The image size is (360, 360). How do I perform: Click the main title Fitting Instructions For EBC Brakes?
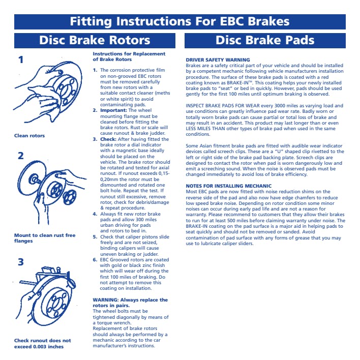tap(179, 21)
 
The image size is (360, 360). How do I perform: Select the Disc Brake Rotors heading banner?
tap(95, 41)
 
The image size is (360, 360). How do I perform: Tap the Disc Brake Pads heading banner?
tap(265, 41)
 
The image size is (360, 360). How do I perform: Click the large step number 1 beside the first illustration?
tap(21, 59)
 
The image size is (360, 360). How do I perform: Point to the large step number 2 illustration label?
tap(21, 156)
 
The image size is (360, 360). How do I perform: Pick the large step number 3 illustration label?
tap(21, 262)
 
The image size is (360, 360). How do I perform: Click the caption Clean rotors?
tap(29, 136)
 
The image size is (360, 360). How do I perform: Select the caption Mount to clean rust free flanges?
tap(45, 238)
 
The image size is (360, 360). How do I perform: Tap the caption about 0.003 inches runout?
tap(43, 343)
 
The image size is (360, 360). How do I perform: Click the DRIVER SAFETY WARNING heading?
tap(218, 60)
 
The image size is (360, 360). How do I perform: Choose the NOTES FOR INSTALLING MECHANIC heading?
tap(228, 186)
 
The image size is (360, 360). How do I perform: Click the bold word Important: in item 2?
tap(113, 110)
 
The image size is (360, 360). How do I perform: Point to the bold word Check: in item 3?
tap(108, 139)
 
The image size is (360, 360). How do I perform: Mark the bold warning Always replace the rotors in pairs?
tap(130, 303)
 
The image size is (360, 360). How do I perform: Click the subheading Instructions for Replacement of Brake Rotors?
tap(129, 56)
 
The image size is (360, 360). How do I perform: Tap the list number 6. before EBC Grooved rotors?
tap(95, 260)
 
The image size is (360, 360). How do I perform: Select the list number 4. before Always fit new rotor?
tap(95, 214)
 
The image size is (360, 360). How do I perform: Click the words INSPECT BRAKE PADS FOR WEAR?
tap(223, 106)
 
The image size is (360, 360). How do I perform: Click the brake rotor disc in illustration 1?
tap(69, 87)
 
